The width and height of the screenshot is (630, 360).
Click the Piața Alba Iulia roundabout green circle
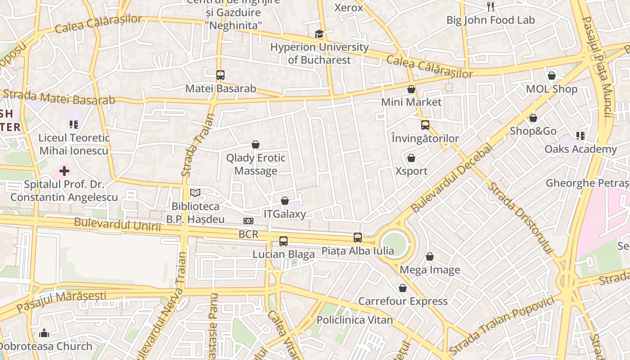click(x=395, y=244)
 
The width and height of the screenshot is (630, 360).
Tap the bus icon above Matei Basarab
click(x=220, y=75)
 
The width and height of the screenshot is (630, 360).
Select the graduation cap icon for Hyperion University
click(x=319, y=34)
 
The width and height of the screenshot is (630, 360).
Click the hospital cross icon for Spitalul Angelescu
click(x=64, y=171)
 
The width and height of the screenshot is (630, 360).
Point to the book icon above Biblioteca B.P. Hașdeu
click(x=195, y=193)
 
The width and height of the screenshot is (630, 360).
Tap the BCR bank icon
click(x=248, y=221)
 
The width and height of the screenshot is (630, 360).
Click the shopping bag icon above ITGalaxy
click(x=284, y=201)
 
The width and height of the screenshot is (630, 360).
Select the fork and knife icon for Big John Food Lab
click(x=490, y=7)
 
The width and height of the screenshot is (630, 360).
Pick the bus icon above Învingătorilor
click(x=425, y=125)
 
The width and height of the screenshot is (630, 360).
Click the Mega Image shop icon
click(x=430, y=256)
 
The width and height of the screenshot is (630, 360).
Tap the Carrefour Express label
click(x=403, y=301)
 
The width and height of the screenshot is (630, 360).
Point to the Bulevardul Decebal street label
click(x=451, y=180)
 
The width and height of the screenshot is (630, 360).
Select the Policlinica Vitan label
click(x=355, y=320)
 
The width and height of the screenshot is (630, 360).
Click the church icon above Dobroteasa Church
click(x=44, y=333)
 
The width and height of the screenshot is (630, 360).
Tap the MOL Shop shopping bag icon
click(x=552, y=76)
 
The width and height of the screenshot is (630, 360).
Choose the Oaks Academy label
click(x=580, y=149)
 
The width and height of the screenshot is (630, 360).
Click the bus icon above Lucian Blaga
click(x=283, y=241)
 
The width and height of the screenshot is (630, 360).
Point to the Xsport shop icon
click(x=411, y=158)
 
